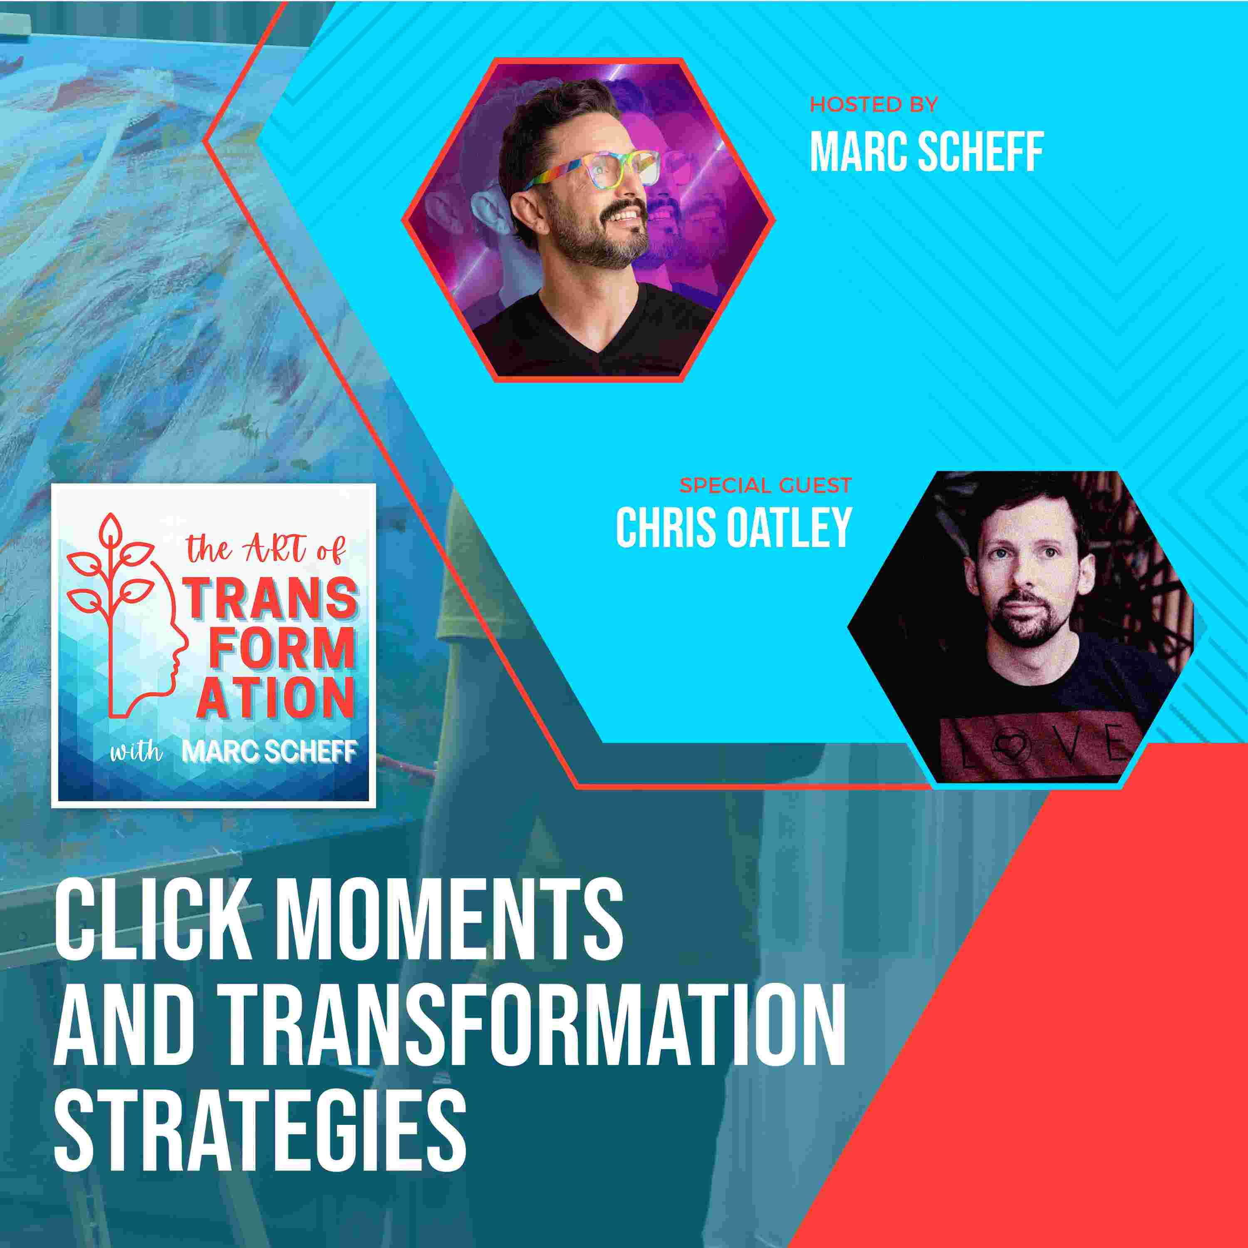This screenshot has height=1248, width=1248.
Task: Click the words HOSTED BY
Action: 873,105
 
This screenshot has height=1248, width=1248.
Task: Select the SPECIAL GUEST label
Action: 765,485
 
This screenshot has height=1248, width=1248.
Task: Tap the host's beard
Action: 591,239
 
